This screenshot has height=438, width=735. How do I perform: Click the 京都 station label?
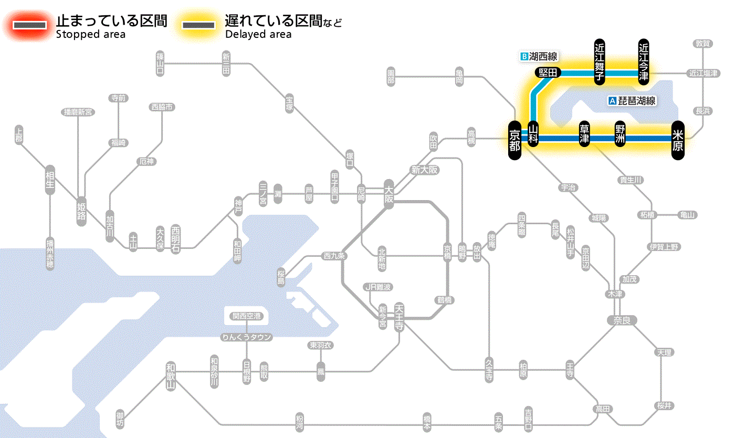pos(514,139)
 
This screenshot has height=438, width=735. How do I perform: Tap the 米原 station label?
pos(678,139)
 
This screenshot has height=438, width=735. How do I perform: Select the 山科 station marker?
pos(533,134)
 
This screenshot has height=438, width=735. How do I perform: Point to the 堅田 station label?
pos(548,72)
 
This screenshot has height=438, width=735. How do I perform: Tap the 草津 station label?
pos(584,134)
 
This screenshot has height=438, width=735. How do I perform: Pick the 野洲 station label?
pos(621,134)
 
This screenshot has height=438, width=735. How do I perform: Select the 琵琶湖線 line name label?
pos(633,101)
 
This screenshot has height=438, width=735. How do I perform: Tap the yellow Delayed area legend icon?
pos(198,25)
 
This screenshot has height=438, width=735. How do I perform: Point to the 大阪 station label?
pos(388,195)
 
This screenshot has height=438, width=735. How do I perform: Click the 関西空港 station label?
pos(246,316)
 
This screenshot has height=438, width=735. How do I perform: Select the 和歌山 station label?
pos(171,376)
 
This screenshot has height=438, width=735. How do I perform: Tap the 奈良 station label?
pos(622,320)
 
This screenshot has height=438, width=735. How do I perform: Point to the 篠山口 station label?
pos(160,63)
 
